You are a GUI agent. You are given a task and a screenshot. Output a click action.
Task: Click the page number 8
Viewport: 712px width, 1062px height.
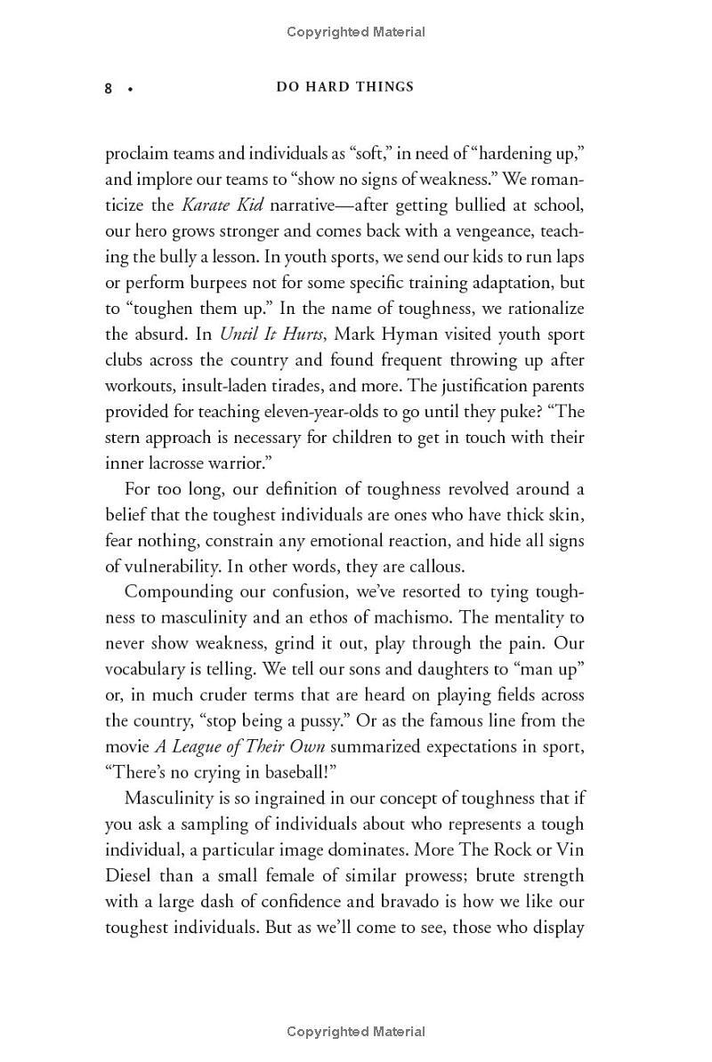point(109,88)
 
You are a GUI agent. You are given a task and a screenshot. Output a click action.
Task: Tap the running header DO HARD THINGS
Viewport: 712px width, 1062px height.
point(344,87)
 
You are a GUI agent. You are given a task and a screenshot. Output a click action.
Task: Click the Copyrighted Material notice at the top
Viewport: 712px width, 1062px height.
point(356,32)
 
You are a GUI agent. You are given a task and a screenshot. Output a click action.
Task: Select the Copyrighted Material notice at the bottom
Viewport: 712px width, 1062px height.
point(356,1032)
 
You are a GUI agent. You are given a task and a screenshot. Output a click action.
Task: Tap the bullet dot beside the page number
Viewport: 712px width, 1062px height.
point(130,89)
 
